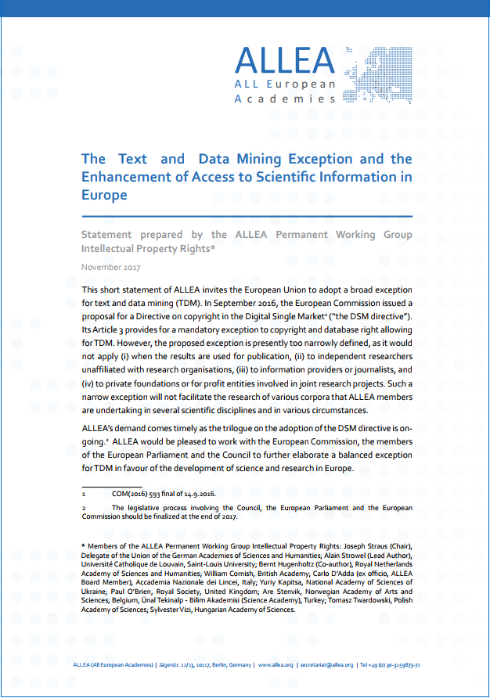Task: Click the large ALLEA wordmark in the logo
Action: [x=285, y=61]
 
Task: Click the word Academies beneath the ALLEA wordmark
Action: [x=285, y=99]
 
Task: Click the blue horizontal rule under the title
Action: [x=247, y=216]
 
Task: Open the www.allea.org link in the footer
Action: [x=276, y=665]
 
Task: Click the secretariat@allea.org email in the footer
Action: [x=327, y=665]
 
